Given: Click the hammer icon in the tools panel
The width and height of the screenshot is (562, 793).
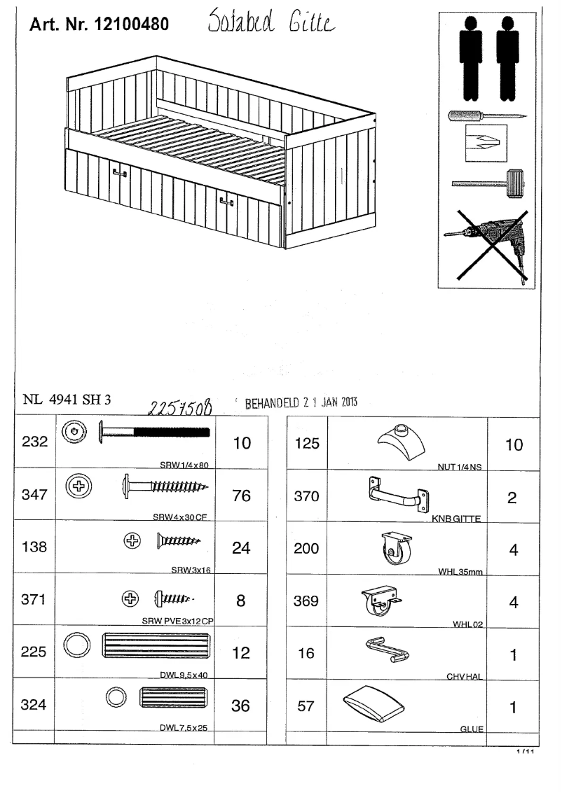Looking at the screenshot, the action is coord(488,184).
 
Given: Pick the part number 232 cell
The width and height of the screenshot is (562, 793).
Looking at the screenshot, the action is coord(34,443).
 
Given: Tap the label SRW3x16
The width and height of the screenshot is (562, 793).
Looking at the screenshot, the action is coord(191,570).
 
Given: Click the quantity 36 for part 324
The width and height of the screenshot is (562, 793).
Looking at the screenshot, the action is coord(240,706).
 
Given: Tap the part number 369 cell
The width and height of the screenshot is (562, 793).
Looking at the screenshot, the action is coord(306,601).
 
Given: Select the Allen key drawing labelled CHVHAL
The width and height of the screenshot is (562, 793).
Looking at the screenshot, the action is coord(388,650).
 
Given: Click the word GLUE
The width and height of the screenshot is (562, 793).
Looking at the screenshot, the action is coord(471,729).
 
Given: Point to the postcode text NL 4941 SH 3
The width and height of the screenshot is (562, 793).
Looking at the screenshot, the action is coord(67,400).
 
